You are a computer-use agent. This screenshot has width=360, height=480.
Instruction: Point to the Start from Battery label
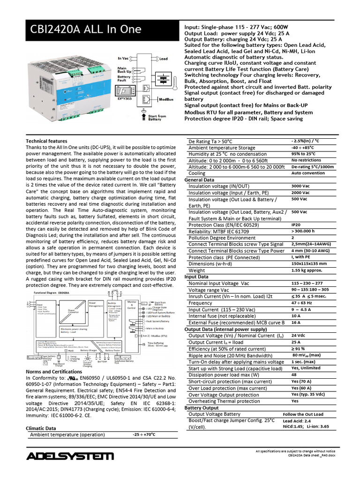coord(157,118)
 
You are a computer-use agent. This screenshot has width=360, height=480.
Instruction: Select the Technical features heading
coord(46,141)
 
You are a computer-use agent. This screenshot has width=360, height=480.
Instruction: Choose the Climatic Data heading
coord(41,428)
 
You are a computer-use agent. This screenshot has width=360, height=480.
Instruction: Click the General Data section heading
coord(199,180)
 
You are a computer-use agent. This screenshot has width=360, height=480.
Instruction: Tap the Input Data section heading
coord(197,277)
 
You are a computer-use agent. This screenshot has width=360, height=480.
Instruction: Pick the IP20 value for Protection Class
coord(296,225)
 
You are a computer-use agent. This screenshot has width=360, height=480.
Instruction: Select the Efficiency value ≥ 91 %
coord(299,349)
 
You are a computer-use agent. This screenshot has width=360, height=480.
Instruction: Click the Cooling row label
coord(197,173)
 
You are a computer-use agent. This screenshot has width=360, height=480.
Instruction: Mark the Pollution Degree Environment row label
coord(229,238)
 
